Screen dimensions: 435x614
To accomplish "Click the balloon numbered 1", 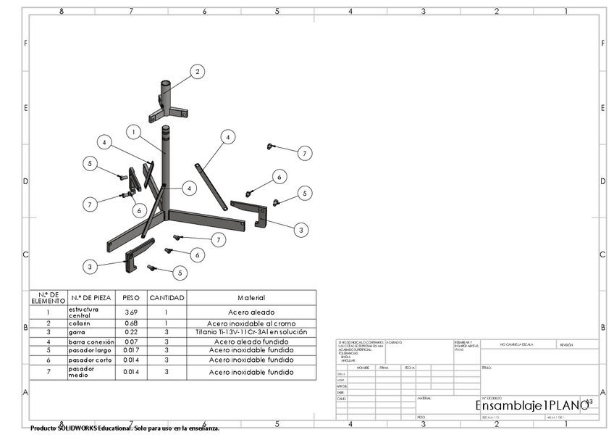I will click(133, 131).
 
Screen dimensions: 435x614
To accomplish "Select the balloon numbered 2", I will click(196, 71).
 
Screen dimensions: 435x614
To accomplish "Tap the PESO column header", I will click(131, 298).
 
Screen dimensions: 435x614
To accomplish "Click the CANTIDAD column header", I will click(167, 298).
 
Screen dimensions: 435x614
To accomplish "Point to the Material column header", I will click(251, 298).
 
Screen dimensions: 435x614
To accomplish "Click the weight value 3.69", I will click(131, 312).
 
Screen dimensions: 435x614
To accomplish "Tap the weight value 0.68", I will click(131, 323).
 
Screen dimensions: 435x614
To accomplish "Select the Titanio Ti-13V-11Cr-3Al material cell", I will click(251, 332).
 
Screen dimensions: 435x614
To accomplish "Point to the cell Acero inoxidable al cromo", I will click(251, 323).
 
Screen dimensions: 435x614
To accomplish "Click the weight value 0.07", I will click(131, 341).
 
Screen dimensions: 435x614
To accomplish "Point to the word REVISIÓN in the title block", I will click(566, 345).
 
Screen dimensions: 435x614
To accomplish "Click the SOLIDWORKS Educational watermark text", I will click(125, 428).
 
